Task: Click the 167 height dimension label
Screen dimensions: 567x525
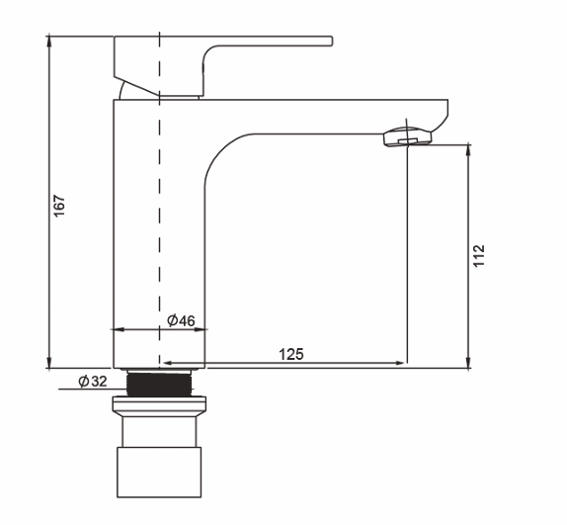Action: (x=59, y=206)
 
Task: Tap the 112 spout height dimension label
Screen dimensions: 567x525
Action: (x=479, y=256)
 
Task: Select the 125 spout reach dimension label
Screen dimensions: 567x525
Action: (x=291, y=354)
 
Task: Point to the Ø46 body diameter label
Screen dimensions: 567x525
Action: (x=181, y=320)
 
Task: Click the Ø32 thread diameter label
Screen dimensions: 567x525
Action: (x=93, y=381)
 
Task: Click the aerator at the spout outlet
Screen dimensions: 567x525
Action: (x=407, y=136)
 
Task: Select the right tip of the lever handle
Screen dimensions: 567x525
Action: (x=332, y=41)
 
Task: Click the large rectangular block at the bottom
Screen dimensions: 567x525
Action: (x=159, y=473)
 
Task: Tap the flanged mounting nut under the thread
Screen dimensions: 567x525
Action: (x=159, y=406)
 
